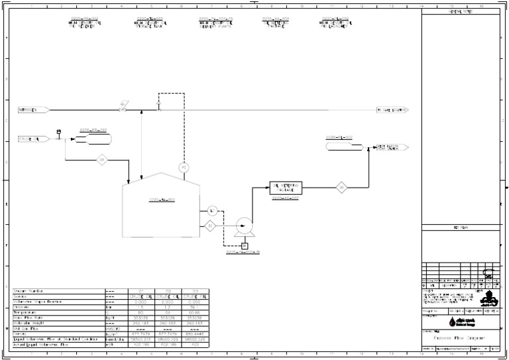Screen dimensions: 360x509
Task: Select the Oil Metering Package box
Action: click(x=285, y=188)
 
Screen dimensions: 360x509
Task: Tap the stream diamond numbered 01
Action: click(x=102, y=160)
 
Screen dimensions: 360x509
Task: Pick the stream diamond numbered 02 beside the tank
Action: click(x=210, y=226)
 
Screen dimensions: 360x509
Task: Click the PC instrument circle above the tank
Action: click(x=184, y=168)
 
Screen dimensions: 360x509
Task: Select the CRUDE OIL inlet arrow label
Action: click(x=30, y=139)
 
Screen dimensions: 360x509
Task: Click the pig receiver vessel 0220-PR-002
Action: click(x=93, y=139)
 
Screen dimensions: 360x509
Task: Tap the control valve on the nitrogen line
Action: click(x=123, y=106)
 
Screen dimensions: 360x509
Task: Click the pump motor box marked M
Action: click(x=244, y=247)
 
